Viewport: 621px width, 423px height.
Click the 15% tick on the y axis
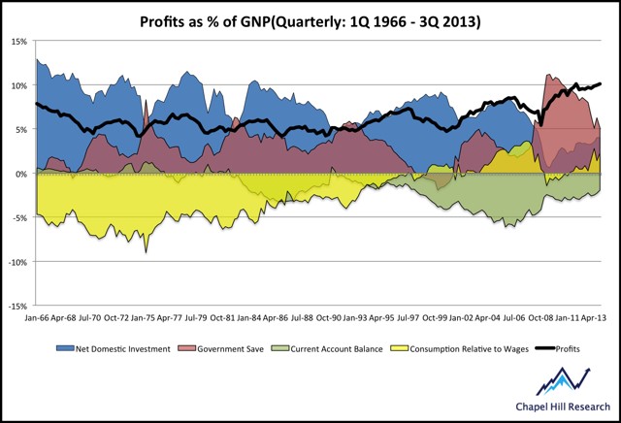point(19,42)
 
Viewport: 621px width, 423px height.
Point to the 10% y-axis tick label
point(19,85)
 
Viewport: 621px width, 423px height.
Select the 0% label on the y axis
point(22,174)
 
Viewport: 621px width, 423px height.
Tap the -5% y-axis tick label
point(20,217)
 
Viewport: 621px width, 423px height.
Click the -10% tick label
point(18,262)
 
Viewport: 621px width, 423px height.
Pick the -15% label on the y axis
point(18,306)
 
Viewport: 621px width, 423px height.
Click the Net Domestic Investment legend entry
point(119,348)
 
